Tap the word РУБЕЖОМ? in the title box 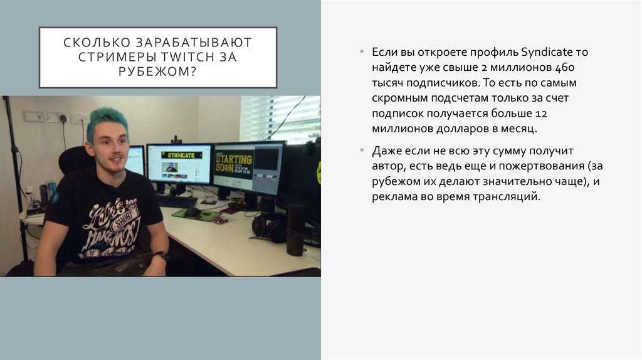pyautogui.click(x=158, y=71)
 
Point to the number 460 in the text pyautogui.click(x=565, y=67)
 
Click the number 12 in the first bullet pyautogui.click(x=541, y=114)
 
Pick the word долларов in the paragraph pyautogui.click(x=462, y=129)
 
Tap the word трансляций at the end pyautogui.click(x=507, y=196)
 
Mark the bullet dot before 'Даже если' pyautogui.click(x=362, y=151)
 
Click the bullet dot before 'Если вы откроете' pyautogui.click(x=362, y=51)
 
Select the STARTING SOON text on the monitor pyautogui.click(x=234, y=163)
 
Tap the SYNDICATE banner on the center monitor pyautogui.click(x=181, y=156)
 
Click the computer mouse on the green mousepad pyautogui.click(x=191, y=211)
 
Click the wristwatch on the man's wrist pyautogui.click(x=161, y=256)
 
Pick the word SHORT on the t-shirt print pyautogui.click(x=124, y=217)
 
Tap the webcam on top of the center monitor pyautogui.click(x=176, y=140)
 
